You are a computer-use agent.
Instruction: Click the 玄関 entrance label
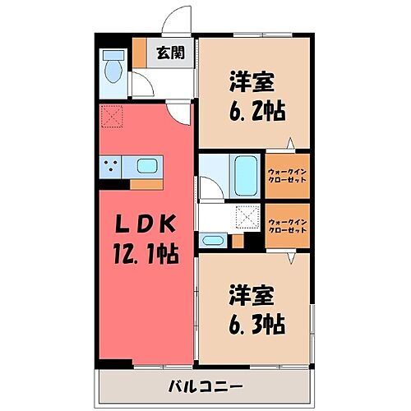(170, 53)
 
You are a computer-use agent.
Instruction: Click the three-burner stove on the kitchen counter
(112, 168)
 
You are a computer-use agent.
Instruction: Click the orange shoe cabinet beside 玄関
(141, 53)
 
